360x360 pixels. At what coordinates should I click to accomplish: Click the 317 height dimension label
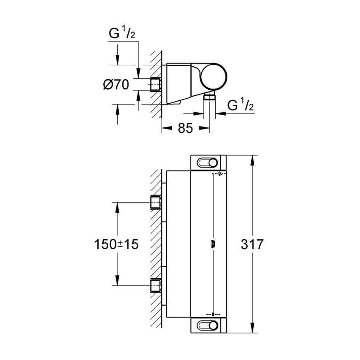coord(252,244)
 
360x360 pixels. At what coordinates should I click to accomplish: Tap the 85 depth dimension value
coord(185,128)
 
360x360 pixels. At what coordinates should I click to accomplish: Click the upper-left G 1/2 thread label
coord(122,34)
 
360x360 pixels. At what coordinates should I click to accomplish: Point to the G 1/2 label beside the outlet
coord(241,106)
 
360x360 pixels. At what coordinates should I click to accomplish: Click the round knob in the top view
coord(215,76)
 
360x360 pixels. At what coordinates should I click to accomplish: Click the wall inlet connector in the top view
coord(155,84)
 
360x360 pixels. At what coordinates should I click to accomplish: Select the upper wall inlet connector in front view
coord(155,203)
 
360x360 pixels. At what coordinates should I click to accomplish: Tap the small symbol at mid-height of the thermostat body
coord(213,244)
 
